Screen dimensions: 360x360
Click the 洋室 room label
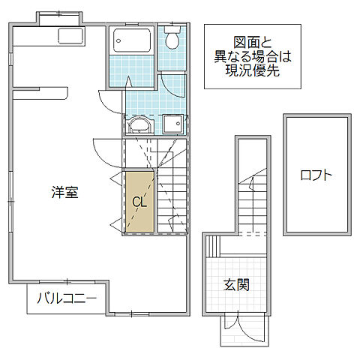65,192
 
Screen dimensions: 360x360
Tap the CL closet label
139,202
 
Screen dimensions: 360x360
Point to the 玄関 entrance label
236,285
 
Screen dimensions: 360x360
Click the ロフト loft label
316,175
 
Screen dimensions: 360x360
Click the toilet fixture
173,38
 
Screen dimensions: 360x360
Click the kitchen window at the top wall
60,14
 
